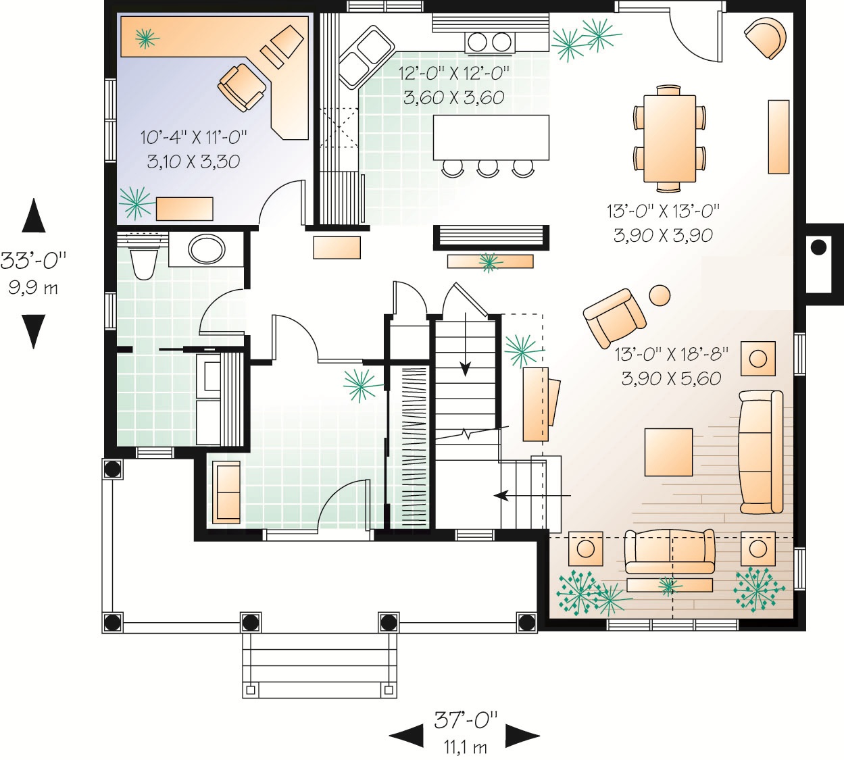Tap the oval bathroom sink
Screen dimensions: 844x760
(x=206, y=249)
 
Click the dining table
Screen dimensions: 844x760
(x=670, y=138)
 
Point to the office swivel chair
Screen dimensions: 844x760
(x=241, y=88)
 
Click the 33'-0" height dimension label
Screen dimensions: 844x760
(x=34, y=261)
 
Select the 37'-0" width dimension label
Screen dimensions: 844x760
(x=466, y=720)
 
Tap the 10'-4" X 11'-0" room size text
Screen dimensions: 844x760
(x=193, y=137)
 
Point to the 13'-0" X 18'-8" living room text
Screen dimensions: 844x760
(x=672, y=355)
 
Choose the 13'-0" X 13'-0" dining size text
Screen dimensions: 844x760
(x=663, y=211)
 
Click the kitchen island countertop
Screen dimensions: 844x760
(x=491, y=138)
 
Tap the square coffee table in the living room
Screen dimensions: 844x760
(x=668, y=452)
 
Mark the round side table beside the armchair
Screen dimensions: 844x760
(x=660, y=295)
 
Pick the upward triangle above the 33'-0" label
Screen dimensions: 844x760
(x=34, y=216)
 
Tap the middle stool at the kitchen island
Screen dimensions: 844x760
(x=488, y=168)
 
